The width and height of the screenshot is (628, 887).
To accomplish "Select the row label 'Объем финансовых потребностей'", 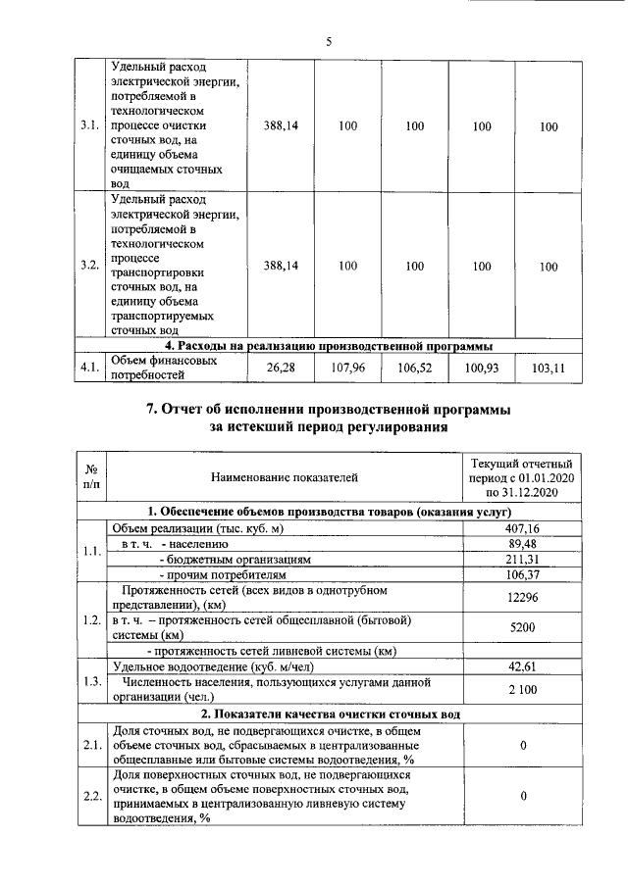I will click(x=158, y=369).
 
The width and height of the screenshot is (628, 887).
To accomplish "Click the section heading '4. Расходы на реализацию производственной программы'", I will click(x=329, y=346).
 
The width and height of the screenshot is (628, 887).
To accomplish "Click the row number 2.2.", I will click(x=91, y=795).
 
